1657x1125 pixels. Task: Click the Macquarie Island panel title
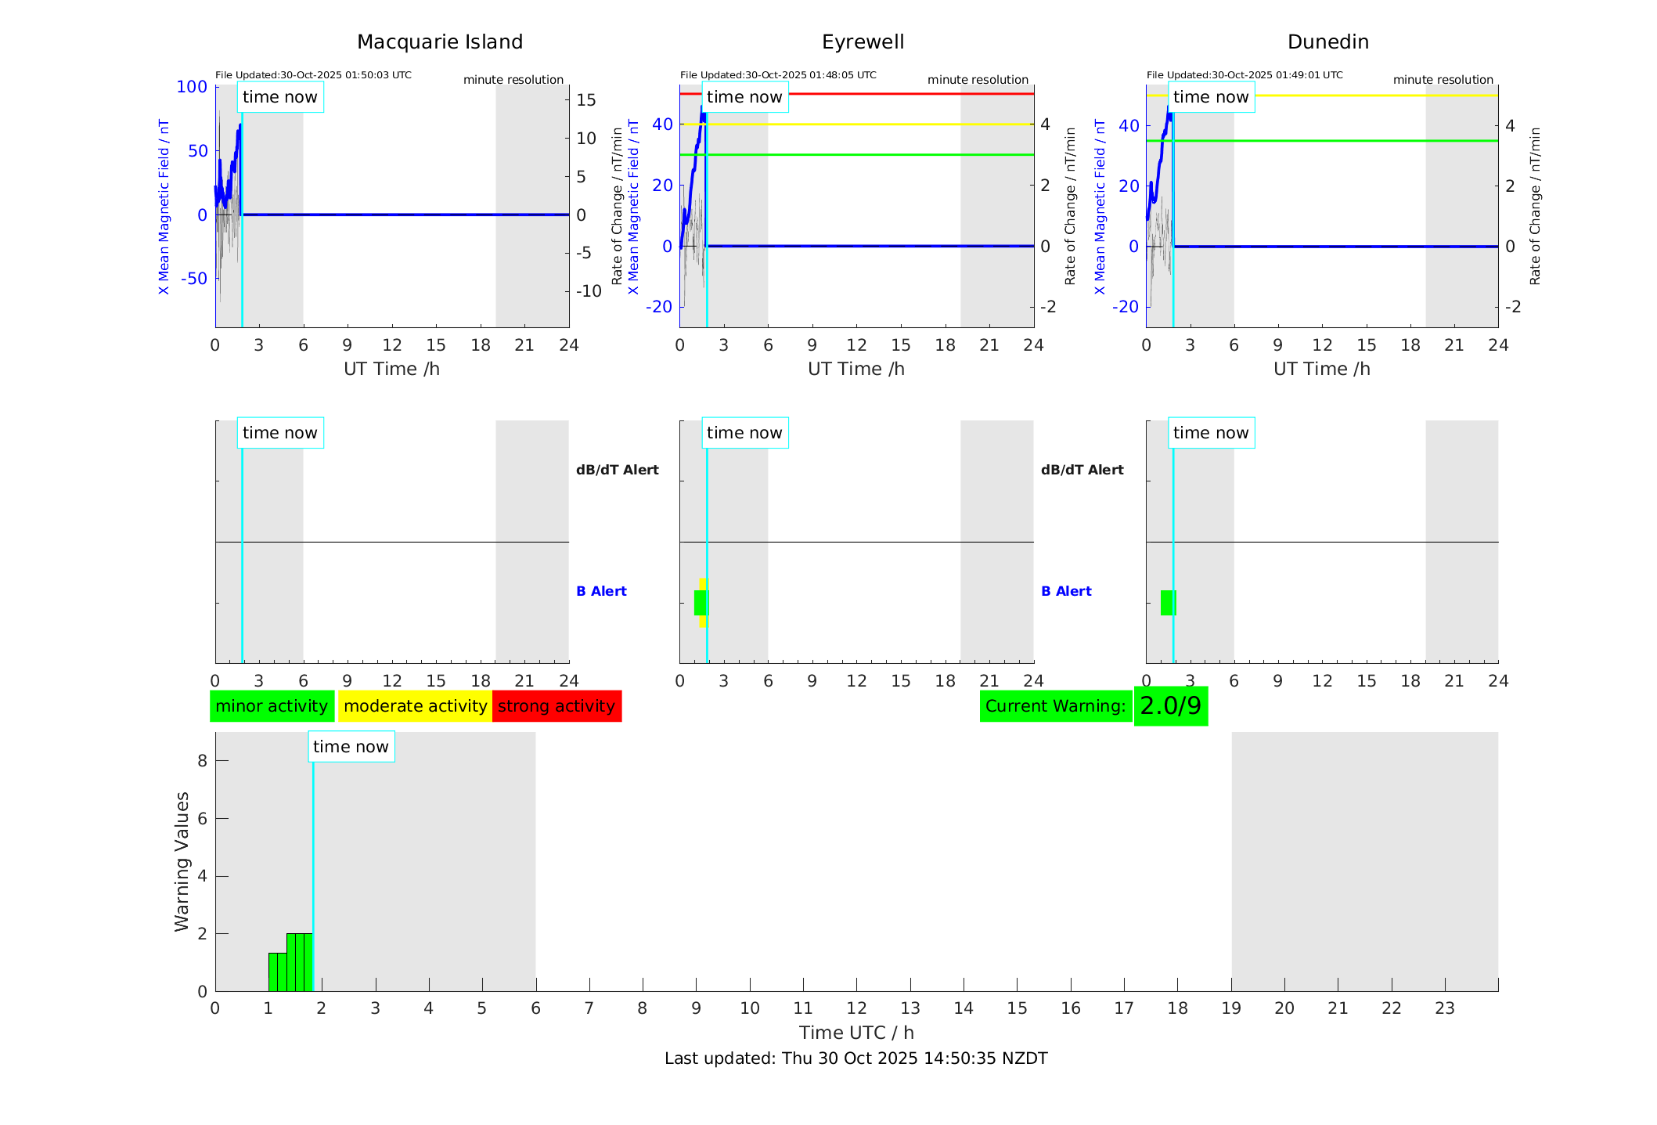(x=439, y=42)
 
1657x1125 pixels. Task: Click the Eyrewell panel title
(x=863, y=42)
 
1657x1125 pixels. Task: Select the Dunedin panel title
(x=1327, y=42)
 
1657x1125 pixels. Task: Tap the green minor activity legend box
(x=272, y=706)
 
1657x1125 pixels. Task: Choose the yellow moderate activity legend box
(x=415, y=706)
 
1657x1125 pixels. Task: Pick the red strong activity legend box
(x=557, y=706)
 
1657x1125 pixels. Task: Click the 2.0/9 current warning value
(x=1170, y=706)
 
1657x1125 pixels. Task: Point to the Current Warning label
(x=1055, y=706)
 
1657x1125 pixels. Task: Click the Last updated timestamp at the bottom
(x=856, y=1058)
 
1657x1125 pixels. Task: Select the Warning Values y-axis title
(x=182, y=861)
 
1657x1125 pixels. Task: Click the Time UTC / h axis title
(x=856, y=1033)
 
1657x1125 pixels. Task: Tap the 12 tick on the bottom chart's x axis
(x=856, y=1008)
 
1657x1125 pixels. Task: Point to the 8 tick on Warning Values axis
(x=202, y=761)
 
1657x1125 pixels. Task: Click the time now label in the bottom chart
(x=351, y=747)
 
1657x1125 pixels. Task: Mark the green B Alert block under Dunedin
(x=1168, y=603)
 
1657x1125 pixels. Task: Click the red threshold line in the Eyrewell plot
(x=861, y=94)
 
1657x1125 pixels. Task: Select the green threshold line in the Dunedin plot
(x=1331, y=141)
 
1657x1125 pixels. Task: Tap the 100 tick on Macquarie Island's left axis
(x=192, y=87)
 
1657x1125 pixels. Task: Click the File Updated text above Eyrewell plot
(x=778, y=75)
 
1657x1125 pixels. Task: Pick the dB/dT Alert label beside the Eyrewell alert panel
(x=1082, y=470)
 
